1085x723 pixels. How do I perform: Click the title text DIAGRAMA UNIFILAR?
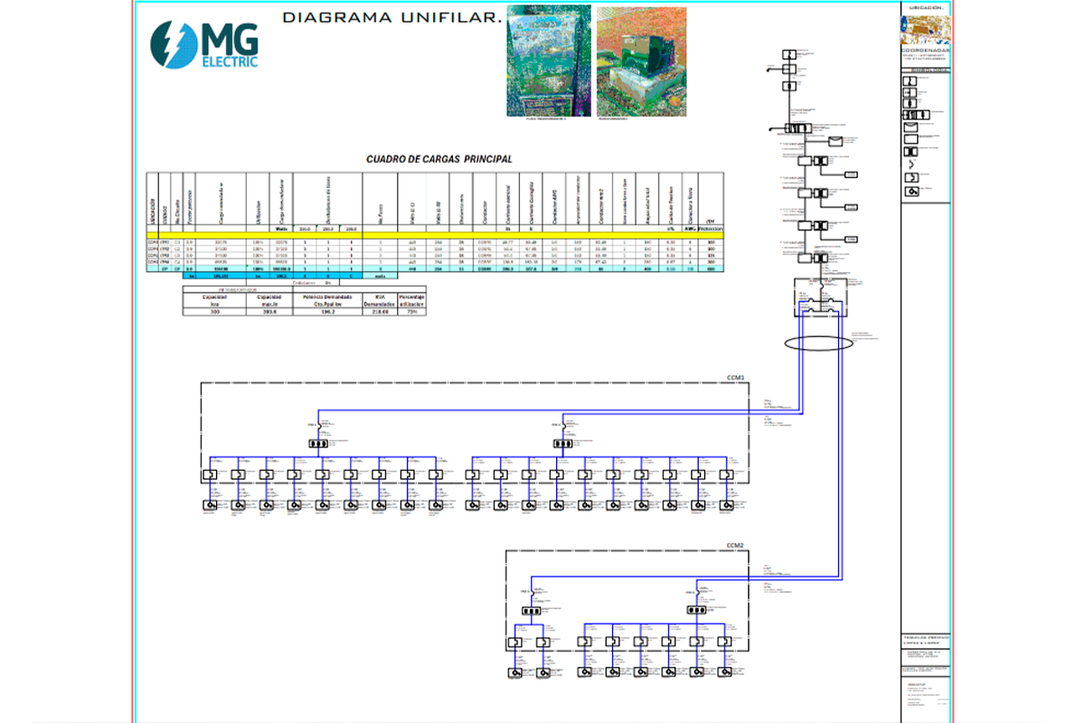click(x=392, y=18)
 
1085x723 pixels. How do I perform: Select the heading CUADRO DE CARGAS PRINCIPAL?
click(x=439, y=159)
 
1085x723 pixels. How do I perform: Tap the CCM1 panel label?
click(x=735, y=377)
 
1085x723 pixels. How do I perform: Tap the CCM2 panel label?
click(x=735, y=546)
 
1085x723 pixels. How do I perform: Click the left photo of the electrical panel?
click(x=548, y=60)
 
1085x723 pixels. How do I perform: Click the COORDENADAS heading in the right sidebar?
click(x=926, y=50)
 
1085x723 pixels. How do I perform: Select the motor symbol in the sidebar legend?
click(x=913, y=191)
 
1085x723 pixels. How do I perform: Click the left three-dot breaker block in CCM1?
click(x=319, y=445)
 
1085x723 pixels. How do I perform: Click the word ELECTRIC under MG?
click(x=230, y=62)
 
